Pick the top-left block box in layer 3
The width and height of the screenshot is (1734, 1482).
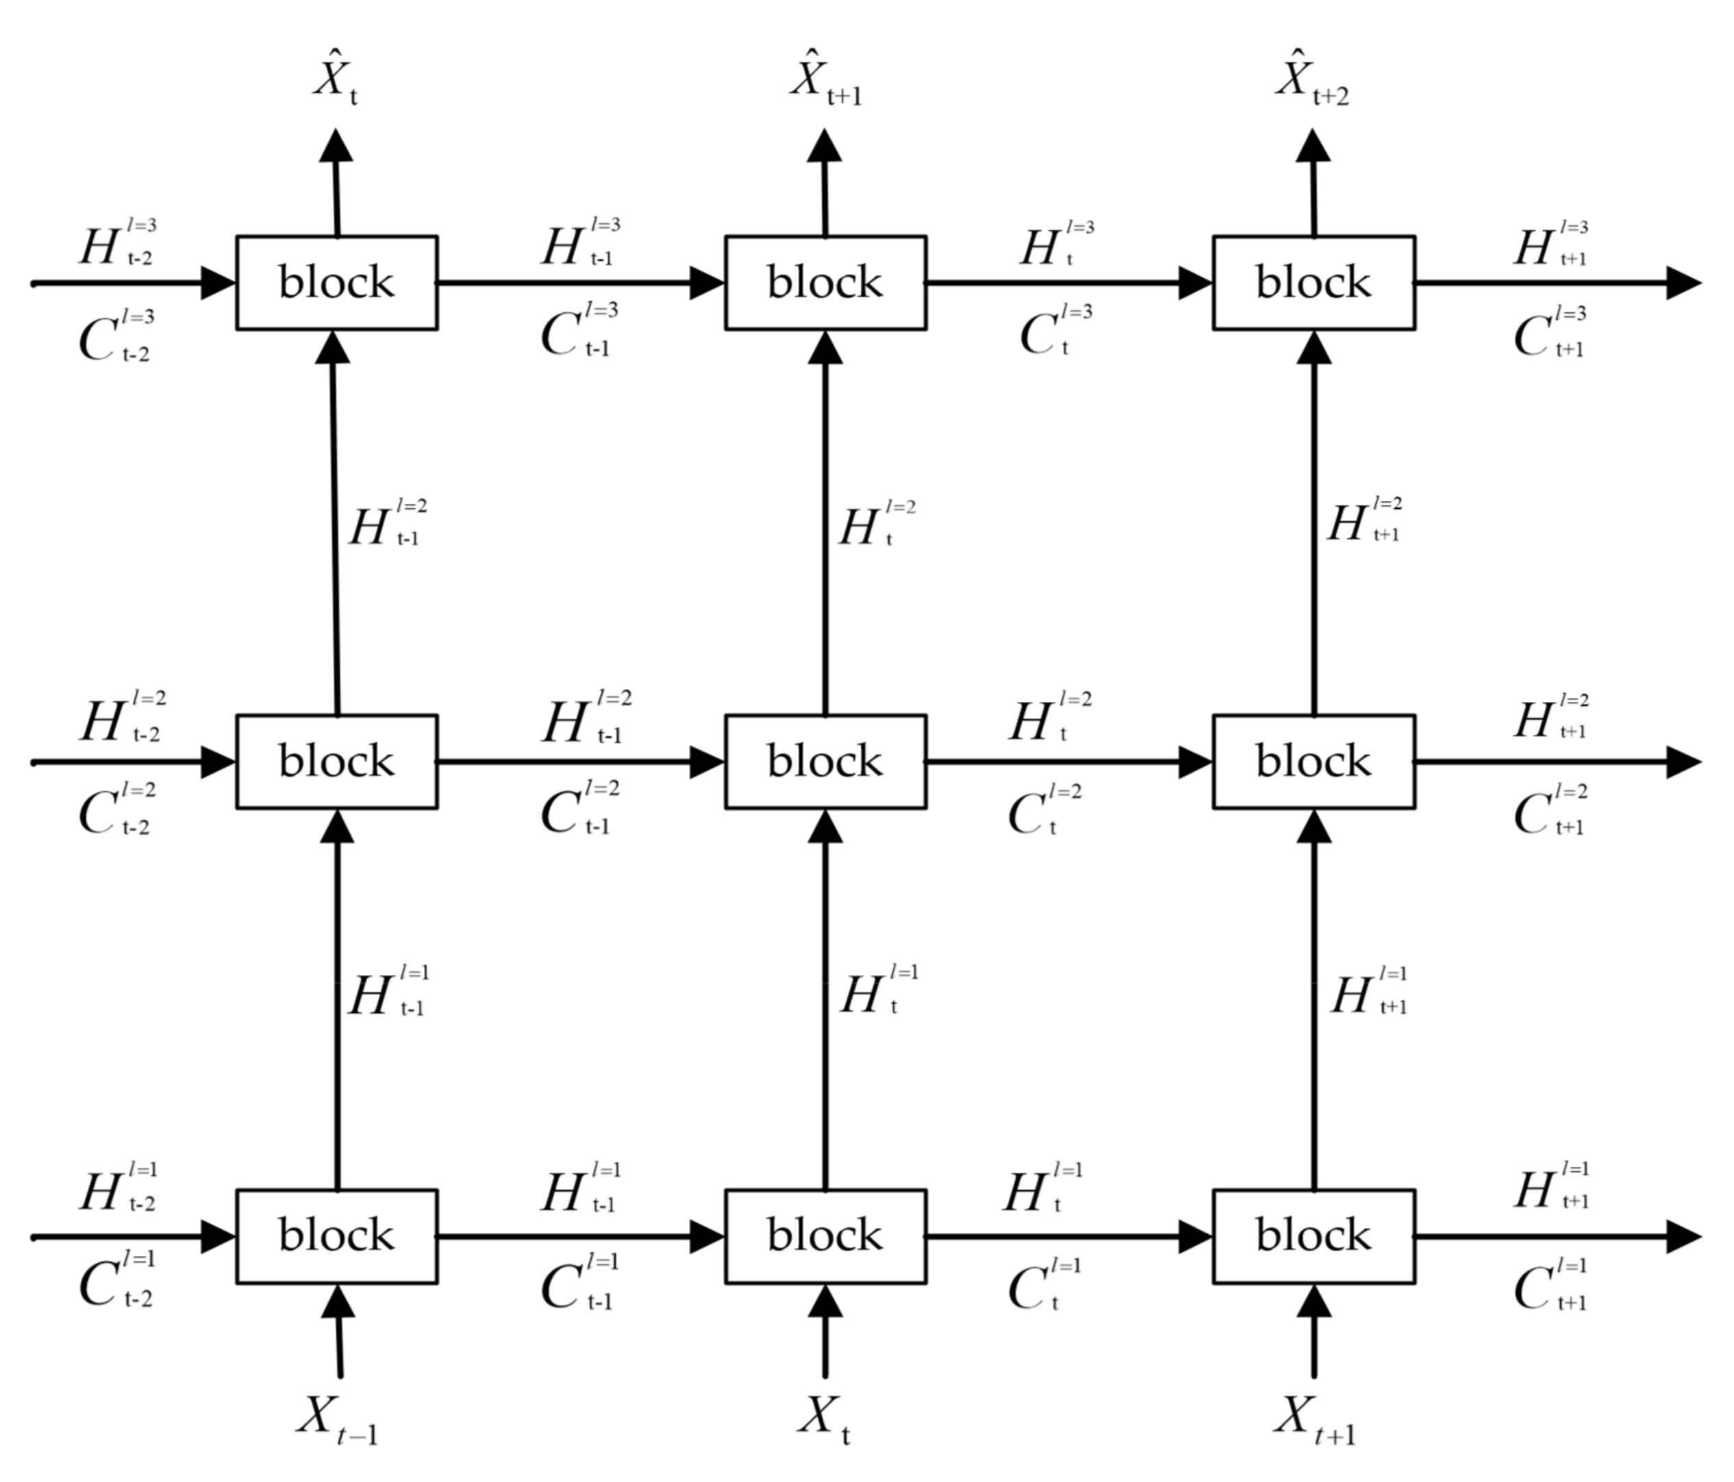coord(336,282)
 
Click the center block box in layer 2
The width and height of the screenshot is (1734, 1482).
coord(825,761)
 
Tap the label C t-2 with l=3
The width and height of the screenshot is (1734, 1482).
coord(117,336)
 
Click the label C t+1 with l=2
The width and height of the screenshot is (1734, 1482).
coord(1550,810)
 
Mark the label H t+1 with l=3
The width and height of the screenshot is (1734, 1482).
coord(1550,244)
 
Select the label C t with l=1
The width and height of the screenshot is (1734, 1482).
coord(1044,1285)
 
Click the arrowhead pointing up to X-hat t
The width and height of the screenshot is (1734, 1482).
coord(336,147)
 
